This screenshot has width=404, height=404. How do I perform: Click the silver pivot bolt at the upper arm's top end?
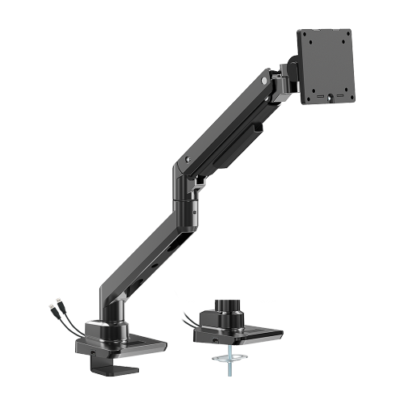(262, 80)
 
